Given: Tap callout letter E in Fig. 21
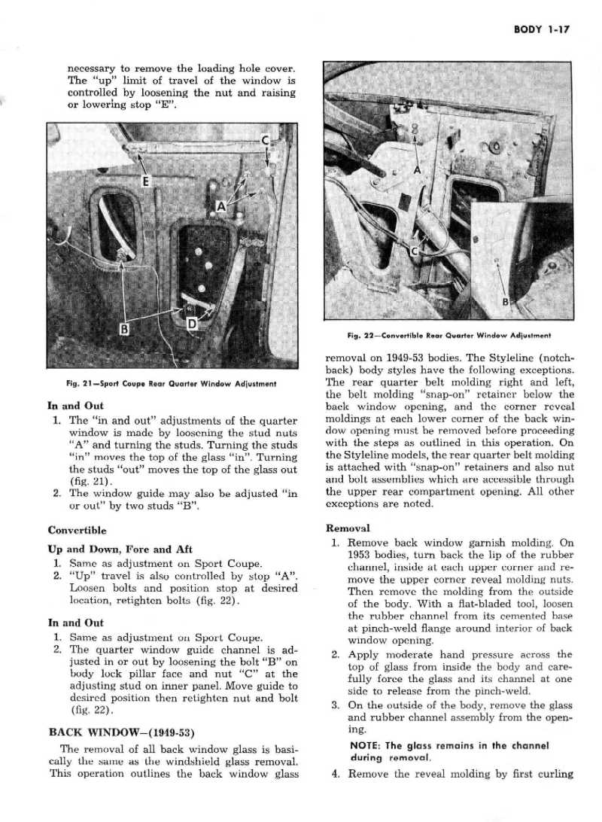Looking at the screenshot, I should pos(146,181).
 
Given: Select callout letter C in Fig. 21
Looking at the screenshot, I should pos(265,141).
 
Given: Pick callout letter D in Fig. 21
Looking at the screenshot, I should pos(192,325).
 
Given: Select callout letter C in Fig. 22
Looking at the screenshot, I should pos(414,251).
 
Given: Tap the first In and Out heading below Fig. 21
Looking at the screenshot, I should pos(74,406).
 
